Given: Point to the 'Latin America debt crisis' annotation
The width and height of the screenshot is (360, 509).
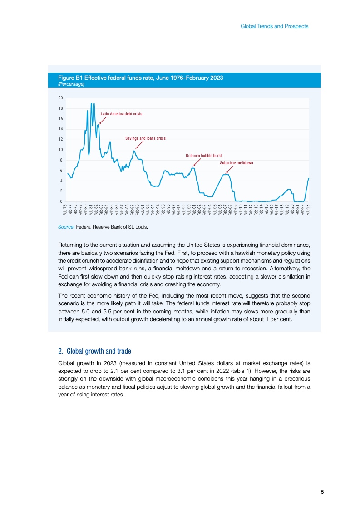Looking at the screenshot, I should (x=121, y=113).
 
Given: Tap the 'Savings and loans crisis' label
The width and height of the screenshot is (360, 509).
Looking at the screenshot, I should (x=145, y=138).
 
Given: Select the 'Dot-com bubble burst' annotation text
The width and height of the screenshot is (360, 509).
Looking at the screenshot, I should (x=204, y=156).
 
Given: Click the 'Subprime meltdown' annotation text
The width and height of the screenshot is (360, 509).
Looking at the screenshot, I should (x=236, y=162).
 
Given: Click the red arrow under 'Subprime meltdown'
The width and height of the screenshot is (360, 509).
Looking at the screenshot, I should (x=230, y=170).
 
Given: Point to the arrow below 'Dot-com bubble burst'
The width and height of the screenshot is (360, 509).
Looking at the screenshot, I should (x=197, y=162).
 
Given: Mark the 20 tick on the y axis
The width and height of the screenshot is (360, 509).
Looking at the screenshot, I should (x=60, y=98).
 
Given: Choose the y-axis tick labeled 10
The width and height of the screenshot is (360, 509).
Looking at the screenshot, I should (x=60, y=150).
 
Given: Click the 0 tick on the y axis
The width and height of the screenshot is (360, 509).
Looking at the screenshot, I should (x=61, y=201).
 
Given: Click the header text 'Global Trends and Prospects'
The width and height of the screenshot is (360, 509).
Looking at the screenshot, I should (x=274, y=26).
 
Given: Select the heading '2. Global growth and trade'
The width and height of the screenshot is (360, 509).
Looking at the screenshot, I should (x=94, y=351).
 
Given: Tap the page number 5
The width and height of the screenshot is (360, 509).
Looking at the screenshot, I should (x=322, y=492).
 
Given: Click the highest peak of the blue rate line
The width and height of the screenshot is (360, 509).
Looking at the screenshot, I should (x=92, y=103).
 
